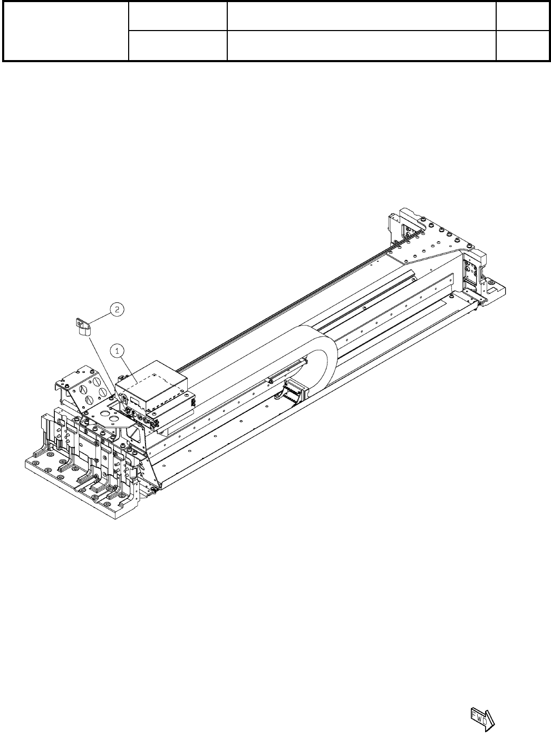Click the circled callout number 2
coord(117,309)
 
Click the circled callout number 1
coord(117,351)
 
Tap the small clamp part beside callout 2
coord(83,327)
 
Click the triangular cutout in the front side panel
coord(136,434)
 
